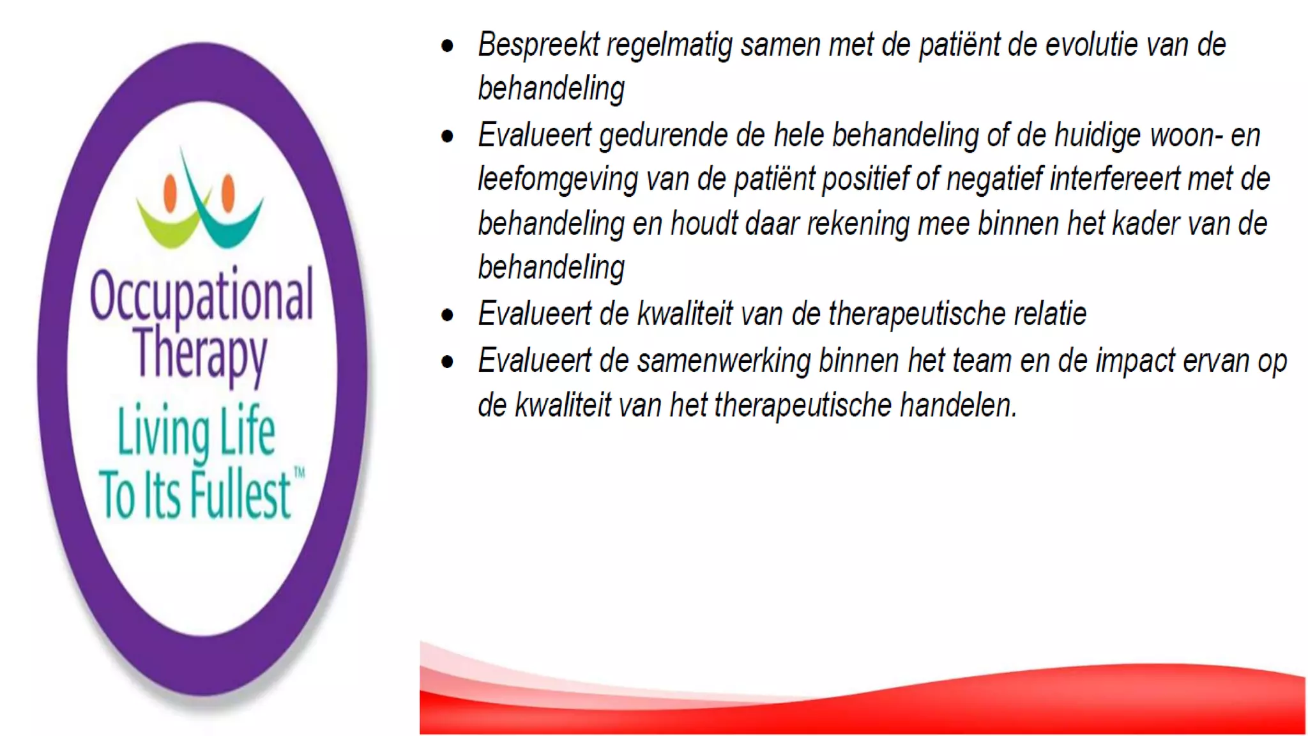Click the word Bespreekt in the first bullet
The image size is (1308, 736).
pyautogui.click(x=539, y=45)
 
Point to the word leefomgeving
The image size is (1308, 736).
pyautogui.click(x=558, y=180)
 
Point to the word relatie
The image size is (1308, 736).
pyautogui.click(x=1049, y=314)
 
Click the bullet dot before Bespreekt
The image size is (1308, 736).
pyautogui.click(x=447, y=46)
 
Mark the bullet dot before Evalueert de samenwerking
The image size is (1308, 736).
pyautogui.click(x=447, y=362)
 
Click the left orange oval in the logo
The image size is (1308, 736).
pyautogui.click(x=170, y=192)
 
